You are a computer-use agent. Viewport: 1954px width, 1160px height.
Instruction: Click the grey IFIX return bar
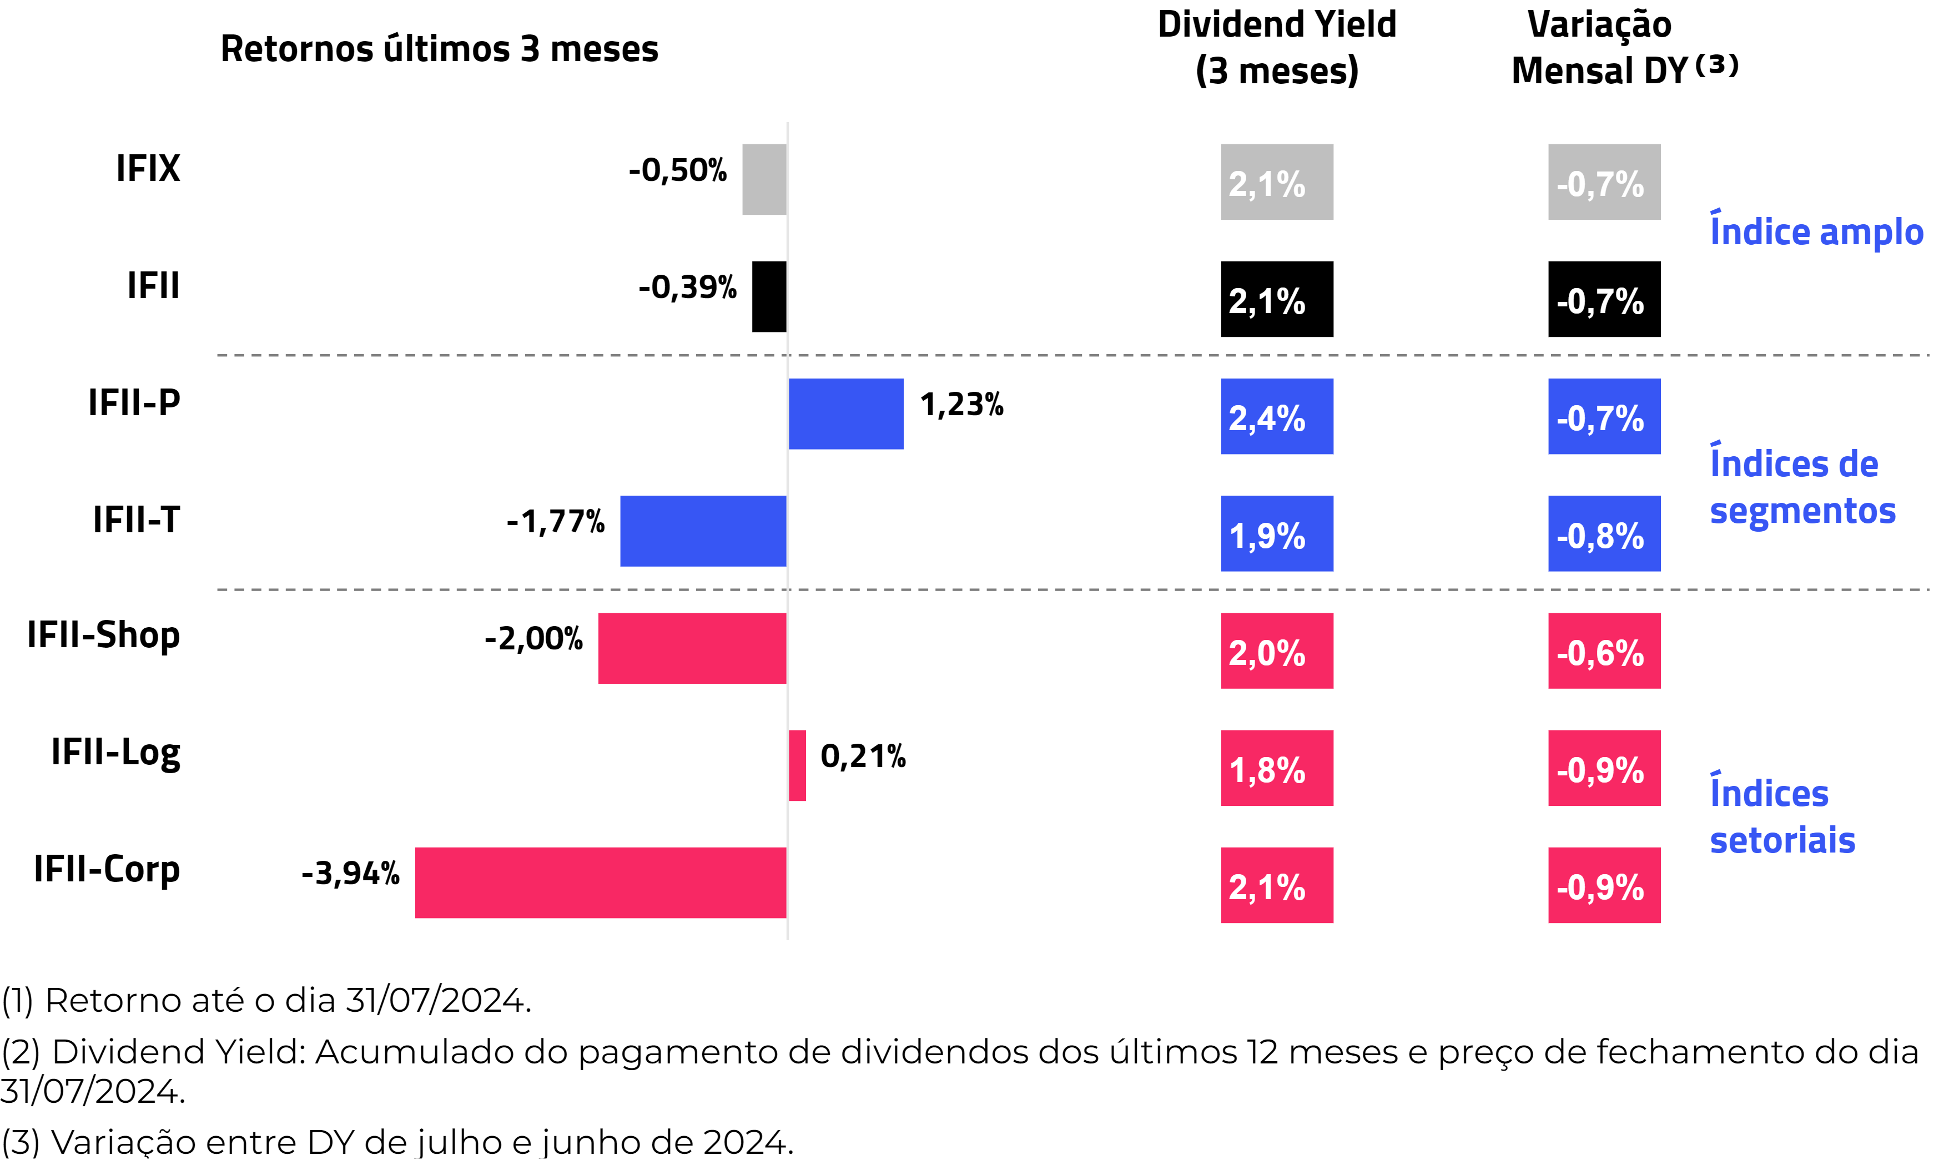(x=764, y=179)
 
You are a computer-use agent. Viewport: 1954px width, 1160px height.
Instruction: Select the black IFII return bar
(x=769, y=296)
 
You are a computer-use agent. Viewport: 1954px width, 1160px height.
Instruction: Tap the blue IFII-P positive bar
(x=845, y=413)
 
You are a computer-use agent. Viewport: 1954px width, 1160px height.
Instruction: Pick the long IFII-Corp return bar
(x=600, y=882)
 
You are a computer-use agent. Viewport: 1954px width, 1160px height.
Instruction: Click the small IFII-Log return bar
(x=797, y=765)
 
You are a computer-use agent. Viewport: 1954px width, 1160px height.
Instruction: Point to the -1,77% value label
(x=556, y=521)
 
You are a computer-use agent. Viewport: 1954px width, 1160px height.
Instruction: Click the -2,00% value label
(x=534, y=639)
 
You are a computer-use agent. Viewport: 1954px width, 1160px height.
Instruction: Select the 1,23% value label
(x=961, y=404)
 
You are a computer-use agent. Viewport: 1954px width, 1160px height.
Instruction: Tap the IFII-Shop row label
(x=103, y=635)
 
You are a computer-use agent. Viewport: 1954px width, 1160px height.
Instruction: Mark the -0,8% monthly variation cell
(x=1604, y=534)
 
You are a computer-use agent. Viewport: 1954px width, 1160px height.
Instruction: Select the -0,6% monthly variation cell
(x=1604, y=651)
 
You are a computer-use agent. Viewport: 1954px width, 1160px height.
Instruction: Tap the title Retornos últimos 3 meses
(x=439, y=48)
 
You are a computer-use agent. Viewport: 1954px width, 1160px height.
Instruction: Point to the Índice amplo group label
(x=1816, y=231)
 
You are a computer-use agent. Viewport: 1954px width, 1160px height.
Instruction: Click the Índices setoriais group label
(x=1782, y=817)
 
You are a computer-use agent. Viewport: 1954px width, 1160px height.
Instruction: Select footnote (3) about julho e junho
(x=397, y=1142)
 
